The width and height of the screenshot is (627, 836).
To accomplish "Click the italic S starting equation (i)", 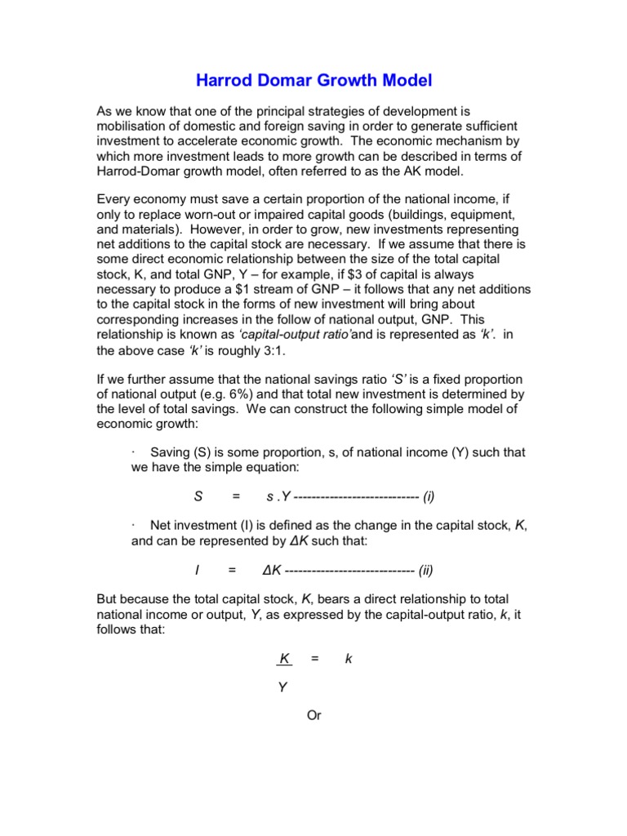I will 198,496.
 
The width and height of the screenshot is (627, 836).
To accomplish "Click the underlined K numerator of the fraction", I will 284,658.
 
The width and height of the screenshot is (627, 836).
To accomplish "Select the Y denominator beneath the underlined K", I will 282,687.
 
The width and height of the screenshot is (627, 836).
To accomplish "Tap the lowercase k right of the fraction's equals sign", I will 349,658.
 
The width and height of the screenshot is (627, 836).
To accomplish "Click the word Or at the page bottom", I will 313,716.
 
